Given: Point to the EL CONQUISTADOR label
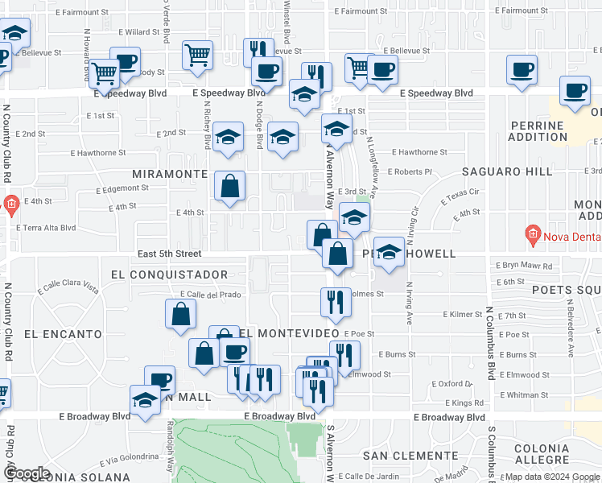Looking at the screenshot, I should point(170,275).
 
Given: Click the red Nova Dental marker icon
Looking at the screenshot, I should point(531,236).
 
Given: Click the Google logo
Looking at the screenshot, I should point(26,473).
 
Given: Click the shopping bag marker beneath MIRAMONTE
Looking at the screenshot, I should point(230,187).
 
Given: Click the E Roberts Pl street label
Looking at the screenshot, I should point(410,171).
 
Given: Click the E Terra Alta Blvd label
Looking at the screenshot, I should point(47,228).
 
